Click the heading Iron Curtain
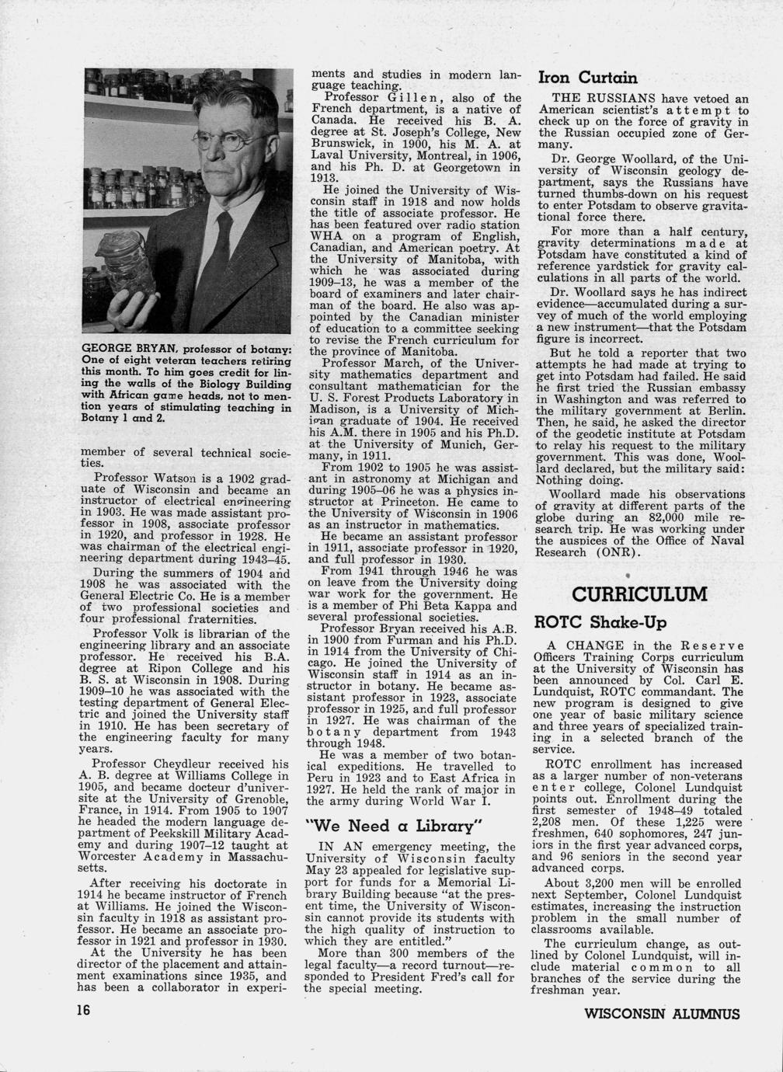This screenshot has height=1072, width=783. coord(588,78)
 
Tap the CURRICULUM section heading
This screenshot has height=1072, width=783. coord(639,595)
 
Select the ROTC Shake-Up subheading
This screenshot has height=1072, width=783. coord(600,623)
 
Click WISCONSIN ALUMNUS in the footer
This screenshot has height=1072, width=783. coord(662,1014)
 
